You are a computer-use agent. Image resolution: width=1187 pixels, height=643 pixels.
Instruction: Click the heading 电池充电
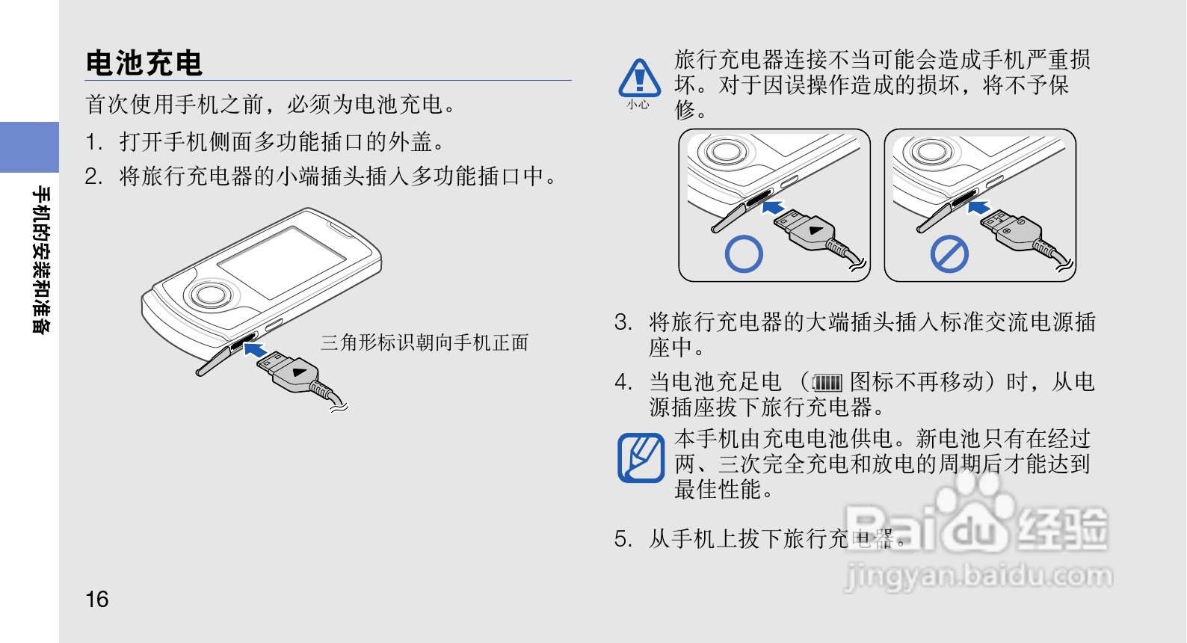(x=144, y=63)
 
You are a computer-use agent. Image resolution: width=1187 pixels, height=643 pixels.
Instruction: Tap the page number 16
(x=97, y=599)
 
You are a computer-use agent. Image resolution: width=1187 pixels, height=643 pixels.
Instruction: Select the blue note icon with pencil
(x=641, y=458)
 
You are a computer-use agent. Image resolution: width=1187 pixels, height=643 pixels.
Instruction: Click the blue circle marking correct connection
(x=744, y=254)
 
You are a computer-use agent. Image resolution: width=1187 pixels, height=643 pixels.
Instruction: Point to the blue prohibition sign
(x=949, y=255)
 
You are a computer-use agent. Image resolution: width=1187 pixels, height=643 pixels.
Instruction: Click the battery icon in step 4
(x=827, y=384)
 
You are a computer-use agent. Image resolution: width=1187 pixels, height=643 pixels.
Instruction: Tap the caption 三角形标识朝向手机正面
(x=425, y=342)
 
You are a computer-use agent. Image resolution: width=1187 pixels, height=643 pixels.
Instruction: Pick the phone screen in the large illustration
(x=282, y=255)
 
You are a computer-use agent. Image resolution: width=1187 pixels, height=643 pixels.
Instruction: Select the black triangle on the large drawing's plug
(x=300, y=372)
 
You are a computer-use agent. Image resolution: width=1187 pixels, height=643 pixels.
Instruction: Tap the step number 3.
(x=623, y=322)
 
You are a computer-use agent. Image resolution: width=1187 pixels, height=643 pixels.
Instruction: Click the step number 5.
(x=623, y=538)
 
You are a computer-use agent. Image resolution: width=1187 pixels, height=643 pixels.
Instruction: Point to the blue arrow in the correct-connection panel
(x=773, y=206)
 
